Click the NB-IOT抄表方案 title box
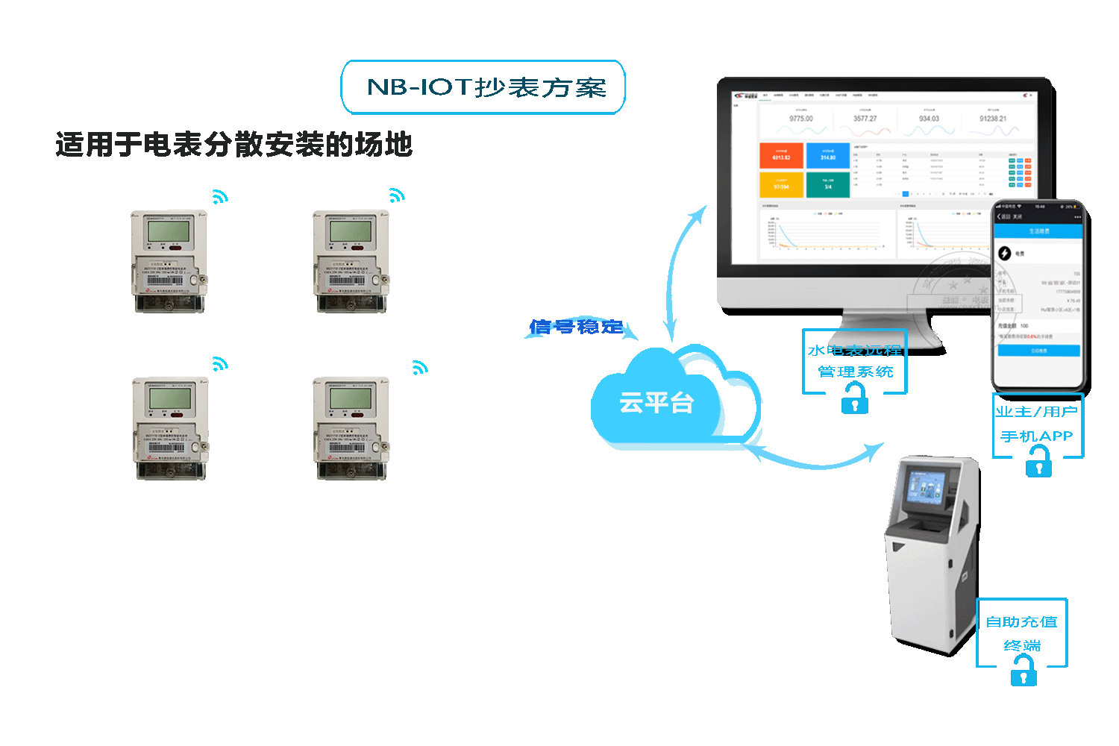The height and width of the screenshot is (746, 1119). coord(483,87)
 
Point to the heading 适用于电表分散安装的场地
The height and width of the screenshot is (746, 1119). coord(233,145)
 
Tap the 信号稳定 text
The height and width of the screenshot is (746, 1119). coord(576,327)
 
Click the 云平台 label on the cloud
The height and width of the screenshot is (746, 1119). coord(656,404)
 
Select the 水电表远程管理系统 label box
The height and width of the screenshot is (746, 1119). coord(855,361)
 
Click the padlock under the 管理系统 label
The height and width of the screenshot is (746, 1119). coord(855,401)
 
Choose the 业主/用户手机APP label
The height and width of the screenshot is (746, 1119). coord(1037,424)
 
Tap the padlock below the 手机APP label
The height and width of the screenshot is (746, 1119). coord(1038,466)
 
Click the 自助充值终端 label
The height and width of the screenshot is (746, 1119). coord(1022,633)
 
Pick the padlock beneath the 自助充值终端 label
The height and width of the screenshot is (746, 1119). coord(1024,674)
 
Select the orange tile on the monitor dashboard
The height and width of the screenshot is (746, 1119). coord(781,155)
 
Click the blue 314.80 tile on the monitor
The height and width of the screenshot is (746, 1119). coord(828,155)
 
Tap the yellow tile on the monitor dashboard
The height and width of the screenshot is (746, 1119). coord(781,184)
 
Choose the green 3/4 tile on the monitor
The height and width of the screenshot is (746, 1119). coord(828,184)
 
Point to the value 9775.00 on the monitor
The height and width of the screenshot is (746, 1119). coord(801,119)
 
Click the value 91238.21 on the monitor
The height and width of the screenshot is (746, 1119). coord(993,119)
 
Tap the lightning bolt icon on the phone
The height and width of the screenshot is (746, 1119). coord(1005,254)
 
